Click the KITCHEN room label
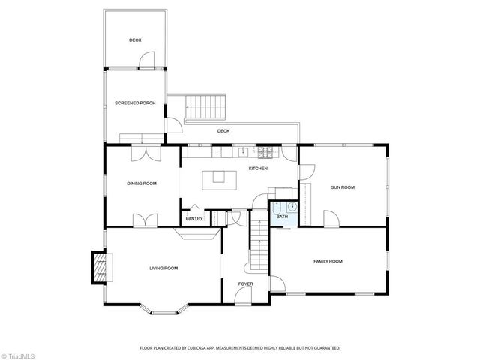[258, 168]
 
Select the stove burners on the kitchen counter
[265, 153]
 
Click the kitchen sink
[242, 152]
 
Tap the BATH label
[281, 217]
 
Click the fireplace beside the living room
[99, 266]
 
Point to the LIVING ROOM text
[163, 268]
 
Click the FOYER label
[245, 283]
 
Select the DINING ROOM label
[141, 183]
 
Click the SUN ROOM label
[343, 187]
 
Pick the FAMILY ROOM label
[328, 261]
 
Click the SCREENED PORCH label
[135, 103]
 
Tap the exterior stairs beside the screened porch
[205, 106]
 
